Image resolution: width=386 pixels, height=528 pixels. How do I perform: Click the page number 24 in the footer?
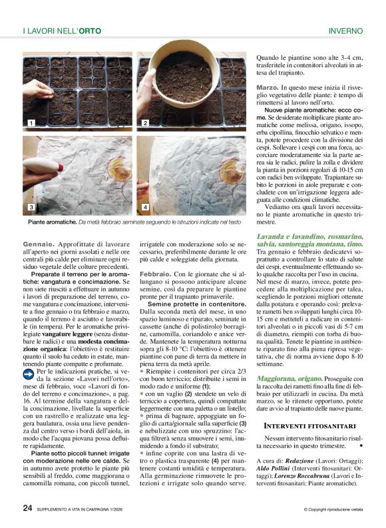[x=27, y=508]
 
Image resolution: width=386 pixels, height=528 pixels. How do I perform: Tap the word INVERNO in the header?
[x=345, y=31]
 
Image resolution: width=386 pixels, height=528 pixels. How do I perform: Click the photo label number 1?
[x=30, y=123]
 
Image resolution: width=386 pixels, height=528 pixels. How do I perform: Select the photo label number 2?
[x=145, y=123]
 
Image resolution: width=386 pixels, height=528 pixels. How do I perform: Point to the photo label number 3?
[x=30, y=207]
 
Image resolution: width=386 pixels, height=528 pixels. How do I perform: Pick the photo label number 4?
[x=145, y=207]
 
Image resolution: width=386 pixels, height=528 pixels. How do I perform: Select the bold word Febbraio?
[x=154, y=274]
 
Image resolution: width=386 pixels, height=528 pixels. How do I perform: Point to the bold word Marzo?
[x=268, y=87]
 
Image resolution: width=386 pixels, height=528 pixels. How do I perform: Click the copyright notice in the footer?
[x=333, y=510]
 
